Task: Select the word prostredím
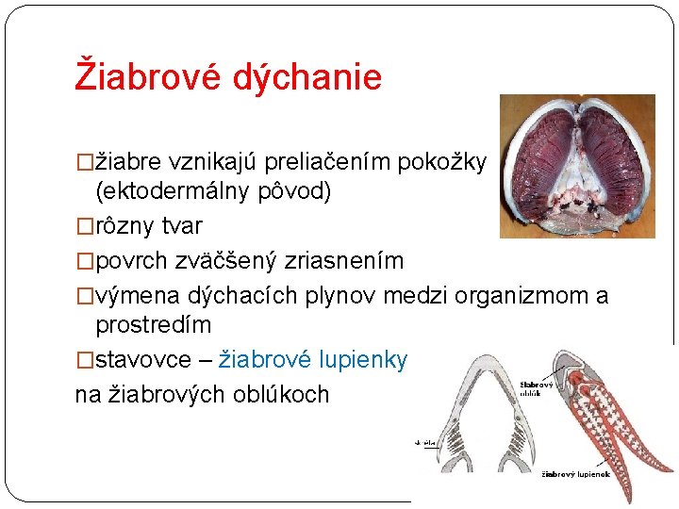tap(154, 325)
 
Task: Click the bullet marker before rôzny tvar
tap(84, 227)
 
